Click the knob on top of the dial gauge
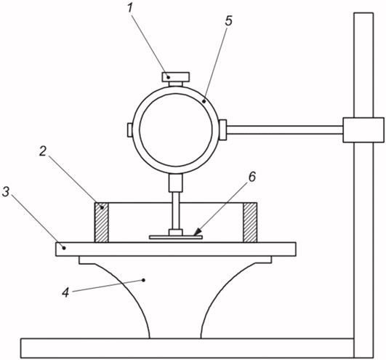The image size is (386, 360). [x=177, y=76]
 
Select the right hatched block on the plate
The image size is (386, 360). [x=250, y=223]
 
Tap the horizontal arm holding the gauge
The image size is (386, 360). [x=284, y=129]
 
